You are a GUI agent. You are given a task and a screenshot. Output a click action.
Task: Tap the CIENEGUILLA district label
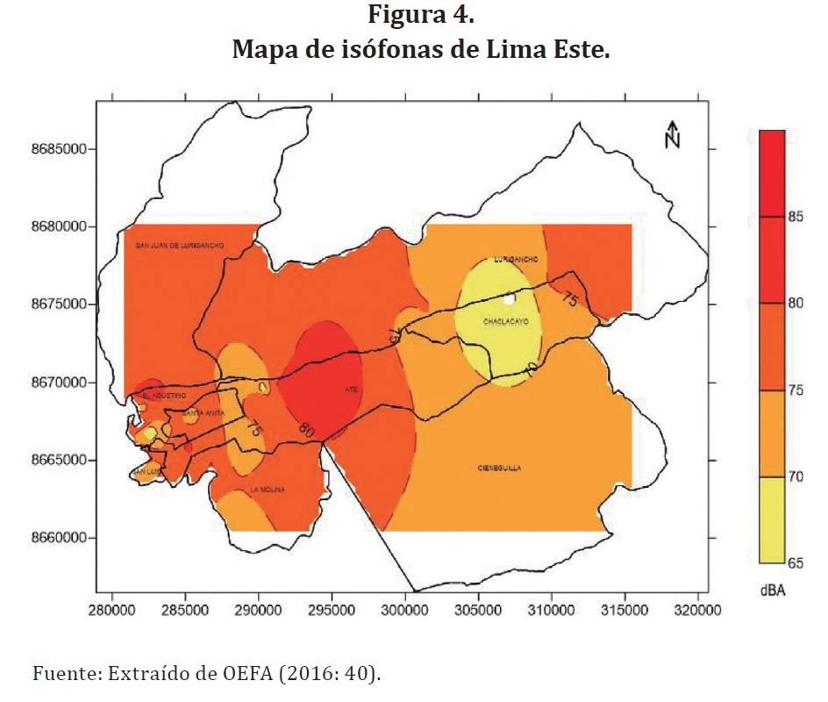click(500, 469)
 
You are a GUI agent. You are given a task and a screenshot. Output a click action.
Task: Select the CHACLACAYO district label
click(503, 322)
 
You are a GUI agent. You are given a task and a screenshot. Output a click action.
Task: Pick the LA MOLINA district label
click(267, 490)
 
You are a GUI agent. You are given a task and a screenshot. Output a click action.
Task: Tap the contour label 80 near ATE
click(304, 431)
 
